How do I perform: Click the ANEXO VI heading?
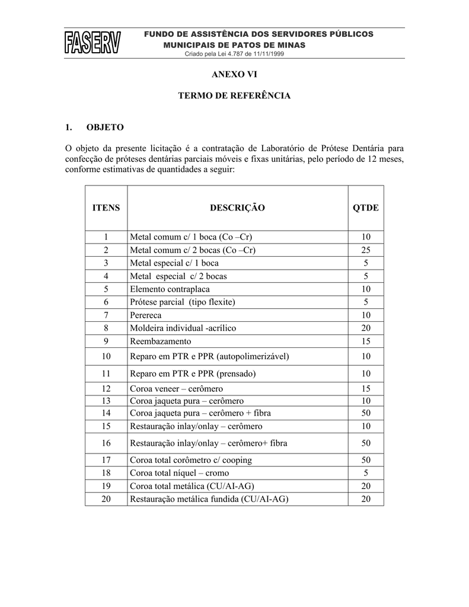(235, 74)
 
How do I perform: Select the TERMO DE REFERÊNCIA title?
(235, 95)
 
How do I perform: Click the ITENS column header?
(106, 208)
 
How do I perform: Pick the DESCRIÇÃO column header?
(237, 208)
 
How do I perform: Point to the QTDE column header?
(366, 208)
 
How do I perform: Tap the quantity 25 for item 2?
(366, 250)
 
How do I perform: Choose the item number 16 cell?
(106, 443)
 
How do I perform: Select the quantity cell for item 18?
(366, 473)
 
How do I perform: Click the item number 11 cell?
(106, 374)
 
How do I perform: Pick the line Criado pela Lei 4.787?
(235, 54)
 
